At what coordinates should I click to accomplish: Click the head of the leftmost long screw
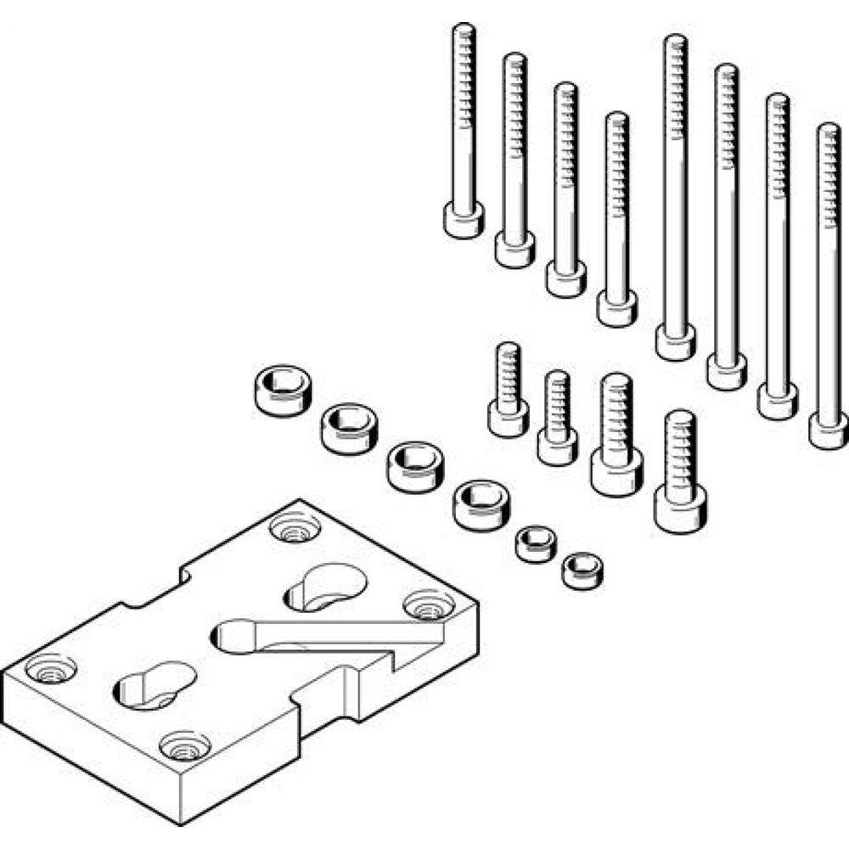click(464, 220)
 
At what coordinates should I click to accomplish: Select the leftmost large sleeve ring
click(279, 389)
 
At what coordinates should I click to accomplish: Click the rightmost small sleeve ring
click(582, 568)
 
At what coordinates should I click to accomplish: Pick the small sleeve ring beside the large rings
click(535, 543)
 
